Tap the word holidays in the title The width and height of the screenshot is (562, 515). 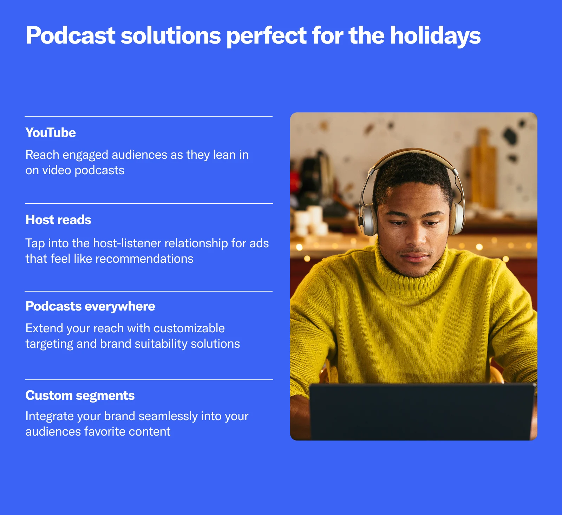coord(436,36)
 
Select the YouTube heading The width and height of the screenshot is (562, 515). coord(51,133)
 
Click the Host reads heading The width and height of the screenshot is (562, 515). coord(58,220)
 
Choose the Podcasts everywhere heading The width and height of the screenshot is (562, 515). coord(90,306)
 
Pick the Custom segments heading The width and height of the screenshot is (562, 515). coord(80,396)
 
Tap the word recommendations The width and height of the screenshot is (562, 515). coord(144,259)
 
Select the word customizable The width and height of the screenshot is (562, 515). coord(189,328)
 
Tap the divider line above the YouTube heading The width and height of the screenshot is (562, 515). coord(149,116)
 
